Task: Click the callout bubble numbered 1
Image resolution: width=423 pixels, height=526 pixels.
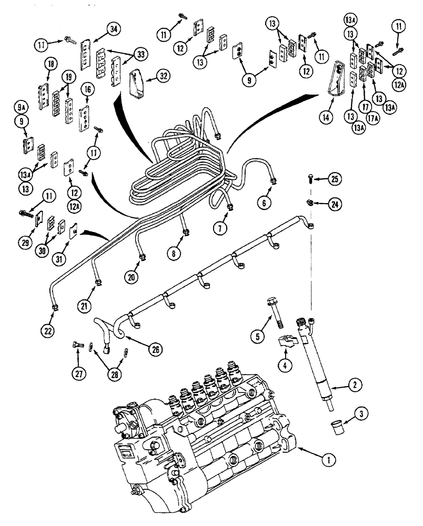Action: tap(328, 460)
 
